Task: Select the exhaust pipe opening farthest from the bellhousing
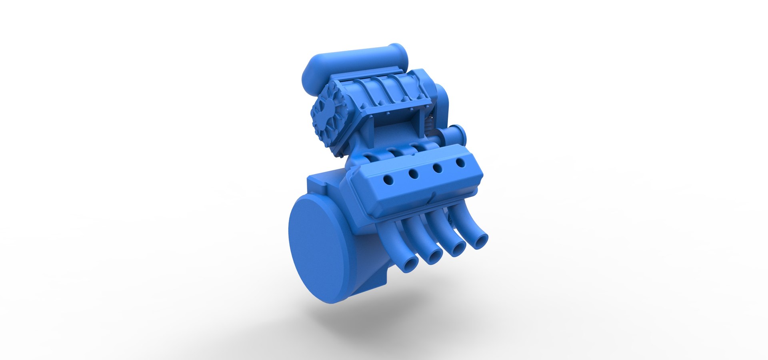tap(480, 241)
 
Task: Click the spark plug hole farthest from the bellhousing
tap(461, 163)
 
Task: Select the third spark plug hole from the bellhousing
tap(438, 168)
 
